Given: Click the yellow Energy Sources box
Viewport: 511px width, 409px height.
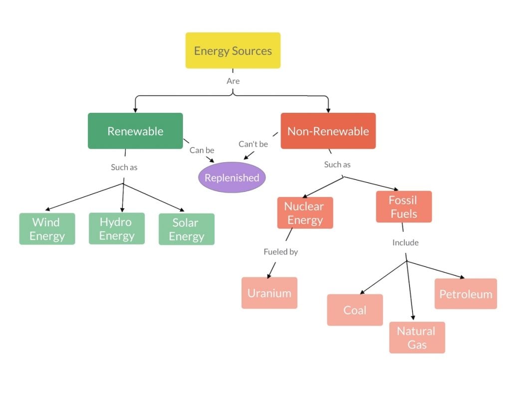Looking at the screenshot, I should coord(233,50).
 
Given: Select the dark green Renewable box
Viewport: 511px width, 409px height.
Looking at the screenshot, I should coord(135,131).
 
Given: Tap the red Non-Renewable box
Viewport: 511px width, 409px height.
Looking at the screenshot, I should coord(328,131).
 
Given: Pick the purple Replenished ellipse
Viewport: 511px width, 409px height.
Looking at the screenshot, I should coord(232,177).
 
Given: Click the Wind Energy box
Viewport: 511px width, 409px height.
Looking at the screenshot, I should coord(47,229).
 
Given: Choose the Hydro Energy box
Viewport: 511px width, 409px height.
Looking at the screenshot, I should coord(117,229).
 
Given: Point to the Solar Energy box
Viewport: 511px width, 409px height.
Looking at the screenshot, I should coord(186,229).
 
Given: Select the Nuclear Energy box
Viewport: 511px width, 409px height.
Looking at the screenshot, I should coord(305,213).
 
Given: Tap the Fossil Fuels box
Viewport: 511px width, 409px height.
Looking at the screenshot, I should coord(403,207).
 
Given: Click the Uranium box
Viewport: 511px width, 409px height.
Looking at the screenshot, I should coord(269,293).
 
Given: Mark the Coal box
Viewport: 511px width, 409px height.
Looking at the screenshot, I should coord(355,310).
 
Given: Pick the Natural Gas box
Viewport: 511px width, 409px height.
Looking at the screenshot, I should coord(417,338).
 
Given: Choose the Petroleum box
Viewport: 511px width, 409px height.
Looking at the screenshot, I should coord(466,294).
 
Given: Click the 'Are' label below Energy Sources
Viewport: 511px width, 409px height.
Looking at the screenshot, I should coord(233,81).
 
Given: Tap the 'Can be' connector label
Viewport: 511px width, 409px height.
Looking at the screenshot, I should coord(202,150).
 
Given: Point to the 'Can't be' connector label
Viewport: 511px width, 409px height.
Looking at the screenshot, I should coord(253,144).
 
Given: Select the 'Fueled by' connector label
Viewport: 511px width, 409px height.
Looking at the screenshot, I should coord(280,252).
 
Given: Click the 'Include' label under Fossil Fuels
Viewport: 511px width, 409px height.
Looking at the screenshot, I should coord(405,243).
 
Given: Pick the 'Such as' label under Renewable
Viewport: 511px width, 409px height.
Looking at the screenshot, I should coord(124,167).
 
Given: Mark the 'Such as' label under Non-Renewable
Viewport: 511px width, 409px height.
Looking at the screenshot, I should coord(337,164).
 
